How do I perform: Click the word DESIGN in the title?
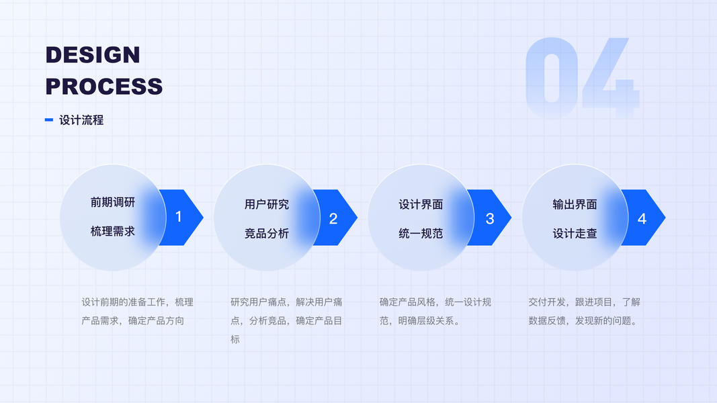coord(93,54)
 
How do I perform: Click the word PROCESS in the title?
coord(104,87)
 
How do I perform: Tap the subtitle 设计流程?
coord(81,120)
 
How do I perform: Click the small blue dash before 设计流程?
coord(48,120)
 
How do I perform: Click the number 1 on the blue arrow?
coord(179,217)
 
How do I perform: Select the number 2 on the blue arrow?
coord(333,218)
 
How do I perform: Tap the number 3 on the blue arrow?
coord(490,218)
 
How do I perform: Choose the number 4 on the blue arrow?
coord(642,218)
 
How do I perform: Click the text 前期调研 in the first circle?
coord(113,202)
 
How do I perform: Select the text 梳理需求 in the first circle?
coord(113,231)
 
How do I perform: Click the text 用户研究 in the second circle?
coord(267,204)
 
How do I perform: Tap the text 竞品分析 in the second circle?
coord(267,234)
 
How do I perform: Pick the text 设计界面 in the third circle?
coord(421,204)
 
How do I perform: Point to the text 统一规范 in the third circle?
coord(421,234)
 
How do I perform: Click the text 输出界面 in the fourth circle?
coord(575,204)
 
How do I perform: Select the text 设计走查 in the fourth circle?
coord(575,234)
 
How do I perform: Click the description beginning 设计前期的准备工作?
coord(137,311)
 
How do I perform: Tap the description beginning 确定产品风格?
coord(435,311)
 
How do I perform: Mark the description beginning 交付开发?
coord(584,311)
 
